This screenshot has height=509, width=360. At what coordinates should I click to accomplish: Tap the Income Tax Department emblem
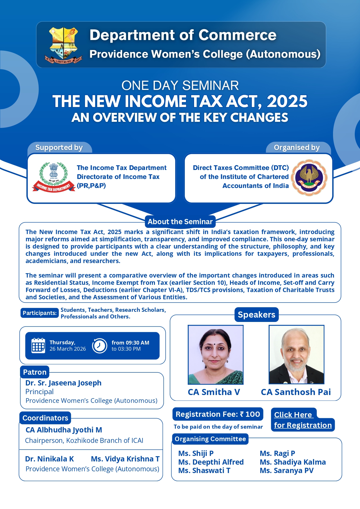point(54,177)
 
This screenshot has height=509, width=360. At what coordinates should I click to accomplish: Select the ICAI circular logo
point(309,177)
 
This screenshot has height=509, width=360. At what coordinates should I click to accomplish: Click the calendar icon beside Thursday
point(38,345)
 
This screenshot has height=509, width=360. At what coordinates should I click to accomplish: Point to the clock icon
point(100,345)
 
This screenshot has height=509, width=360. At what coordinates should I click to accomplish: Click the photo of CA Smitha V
point(216,355)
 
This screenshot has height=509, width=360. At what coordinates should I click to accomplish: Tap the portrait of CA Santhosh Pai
point(296,355)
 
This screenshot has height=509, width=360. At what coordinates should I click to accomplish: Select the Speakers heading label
point(256,315)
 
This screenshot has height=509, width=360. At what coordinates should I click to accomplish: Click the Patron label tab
point(35,372)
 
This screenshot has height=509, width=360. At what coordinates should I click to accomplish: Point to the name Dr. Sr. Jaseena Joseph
point(63,383)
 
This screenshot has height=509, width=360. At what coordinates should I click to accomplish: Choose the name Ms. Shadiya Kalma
point(293,462)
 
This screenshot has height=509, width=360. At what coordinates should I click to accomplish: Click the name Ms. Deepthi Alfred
point(211,462)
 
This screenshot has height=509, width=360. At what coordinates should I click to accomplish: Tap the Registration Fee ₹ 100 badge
point(218,414)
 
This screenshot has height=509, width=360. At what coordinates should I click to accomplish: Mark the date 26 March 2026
point(68,349)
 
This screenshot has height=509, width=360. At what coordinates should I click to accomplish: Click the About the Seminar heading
point(180,222)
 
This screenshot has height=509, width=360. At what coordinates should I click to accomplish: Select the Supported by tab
point(59,148)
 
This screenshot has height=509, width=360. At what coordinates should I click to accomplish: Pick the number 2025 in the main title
point(287,102)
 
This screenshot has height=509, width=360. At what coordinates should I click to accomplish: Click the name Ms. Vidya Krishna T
point(125,459)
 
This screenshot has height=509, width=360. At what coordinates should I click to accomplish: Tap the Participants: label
point(39,313)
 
